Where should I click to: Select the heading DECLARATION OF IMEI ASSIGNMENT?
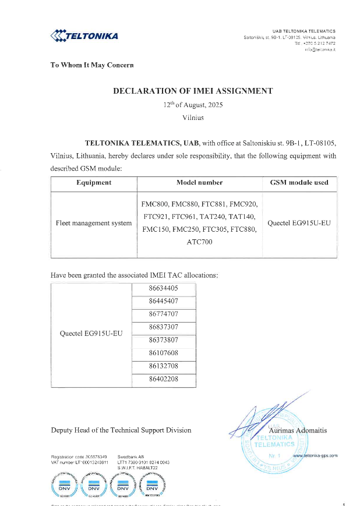[192, 91]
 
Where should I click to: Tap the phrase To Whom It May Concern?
[93, 65]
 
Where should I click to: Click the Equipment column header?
[94, 182]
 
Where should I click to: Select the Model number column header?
[199, 182]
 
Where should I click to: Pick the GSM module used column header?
[299, 182]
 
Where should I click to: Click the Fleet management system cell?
[94, 223]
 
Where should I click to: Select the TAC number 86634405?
[163, 288]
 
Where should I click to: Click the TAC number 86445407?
[163, 301]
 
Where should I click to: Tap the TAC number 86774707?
[163, 314]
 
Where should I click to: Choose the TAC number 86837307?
[163, 327]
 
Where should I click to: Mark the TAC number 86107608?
[163, 353]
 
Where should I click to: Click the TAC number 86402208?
[163, 379]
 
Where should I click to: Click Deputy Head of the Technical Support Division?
[121, 430]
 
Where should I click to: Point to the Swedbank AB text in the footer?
[130, 457]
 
